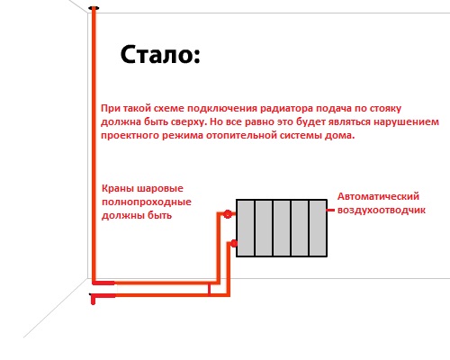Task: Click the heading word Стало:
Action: coord(160,55)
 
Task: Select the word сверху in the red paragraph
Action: coord(189,122)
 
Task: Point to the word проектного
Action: coord(130,136)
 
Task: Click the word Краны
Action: coord(118,189)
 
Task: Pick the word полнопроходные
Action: coord(147,202)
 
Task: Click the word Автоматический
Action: coord(378,196)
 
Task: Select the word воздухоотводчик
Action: coord(382,210)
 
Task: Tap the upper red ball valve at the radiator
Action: coord(228,214)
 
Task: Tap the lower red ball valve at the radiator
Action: coord(234,243)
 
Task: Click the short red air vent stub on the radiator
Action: coord(330,211)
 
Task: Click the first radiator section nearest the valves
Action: coord(246,228)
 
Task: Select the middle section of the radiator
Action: coord(282,228)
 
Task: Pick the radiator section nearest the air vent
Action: coord(318,228)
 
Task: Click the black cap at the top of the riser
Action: coord(94,8)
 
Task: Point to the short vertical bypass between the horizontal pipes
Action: coord(209,289)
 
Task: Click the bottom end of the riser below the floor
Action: coord(93,303)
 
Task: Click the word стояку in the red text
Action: coord(385,109)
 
